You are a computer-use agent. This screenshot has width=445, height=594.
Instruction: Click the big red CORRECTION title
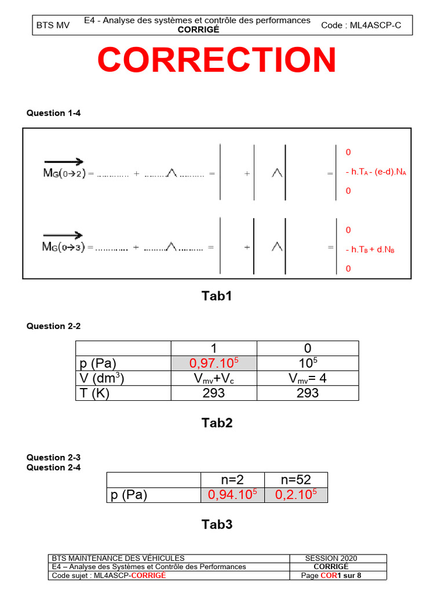217,60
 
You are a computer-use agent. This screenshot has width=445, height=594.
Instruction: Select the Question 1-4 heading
53,113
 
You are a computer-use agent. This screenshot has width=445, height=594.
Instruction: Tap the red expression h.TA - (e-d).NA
375,172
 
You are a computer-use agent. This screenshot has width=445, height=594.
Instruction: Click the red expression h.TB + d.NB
371,249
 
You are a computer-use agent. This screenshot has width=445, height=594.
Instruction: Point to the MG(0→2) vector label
64,173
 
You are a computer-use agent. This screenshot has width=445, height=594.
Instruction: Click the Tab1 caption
217,296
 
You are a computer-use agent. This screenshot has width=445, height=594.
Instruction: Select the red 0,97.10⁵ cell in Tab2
214,363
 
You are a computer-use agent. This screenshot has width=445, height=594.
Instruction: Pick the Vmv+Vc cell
214,378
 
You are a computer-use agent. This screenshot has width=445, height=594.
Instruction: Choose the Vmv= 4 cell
307,378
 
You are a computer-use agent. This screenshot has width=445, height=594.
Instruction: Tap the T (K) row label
94,393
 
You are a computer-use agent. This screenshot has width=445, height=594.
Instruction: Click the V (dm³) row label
101,378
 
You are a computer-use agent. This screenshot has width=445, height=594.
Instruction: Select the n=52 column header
296,480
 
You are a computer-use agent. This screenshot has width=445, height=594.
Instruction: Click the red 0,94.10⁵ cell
232,495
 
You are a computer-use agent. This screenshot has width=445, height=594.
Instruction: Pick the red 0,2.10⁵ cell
296,495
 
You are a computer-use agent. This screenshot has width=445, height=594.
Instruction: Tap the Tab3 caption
217,524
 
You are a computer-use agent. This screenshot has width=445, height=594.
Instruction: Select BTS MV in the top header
53,26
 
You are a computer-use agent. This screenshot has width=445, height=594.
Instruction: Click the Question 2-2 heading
53,326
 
